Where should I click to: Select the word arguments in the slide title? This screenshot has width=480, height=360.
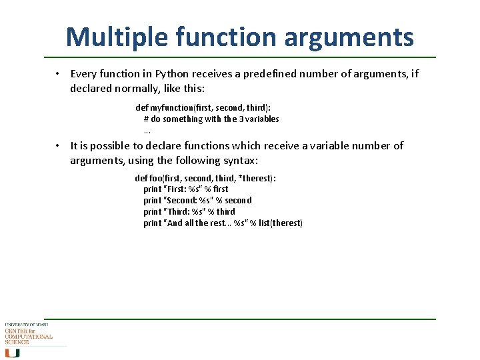pos(349,38)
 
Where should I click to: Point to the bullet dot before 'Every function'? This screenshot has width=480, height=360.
pos(59,73)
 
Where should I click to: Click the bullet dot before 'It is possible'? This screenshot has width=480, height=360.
pos(59,145)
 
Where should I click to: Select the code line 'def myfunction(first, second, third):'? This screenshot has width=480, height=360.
pos(208,107)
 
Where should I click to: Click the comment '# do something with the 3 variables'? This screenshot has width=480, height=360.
pos(211,119)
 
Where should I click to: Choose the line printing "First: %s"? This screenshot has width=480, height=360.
pos(185,189)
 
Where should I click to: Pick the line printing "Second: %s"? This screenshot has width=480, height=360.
pos(197,200)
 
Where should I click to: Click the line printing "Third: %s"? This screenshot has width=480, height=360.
pos(189,211)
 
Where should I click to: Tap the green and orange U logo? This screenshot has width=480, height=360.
pos(12,353)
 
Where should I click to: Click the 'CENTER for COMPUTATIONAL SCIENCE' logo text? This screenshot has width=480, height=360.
pos(28,336)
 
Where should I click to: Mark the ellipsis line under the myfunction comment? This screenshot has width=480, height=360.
pos(147,130)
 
